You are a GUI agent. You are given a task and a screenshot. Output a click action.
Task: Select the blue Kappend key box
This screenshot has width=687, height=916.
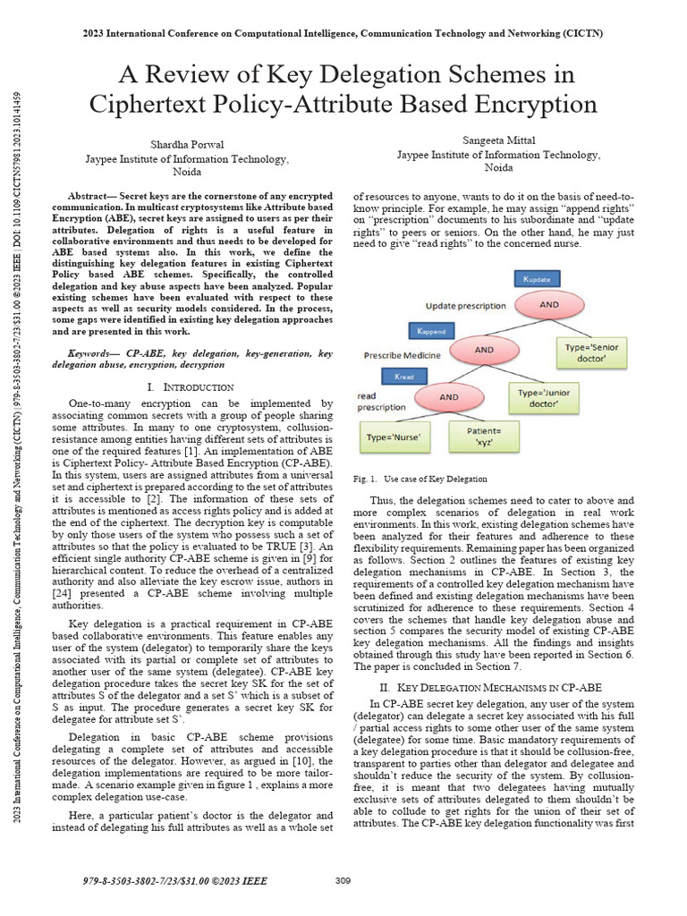(431, 331)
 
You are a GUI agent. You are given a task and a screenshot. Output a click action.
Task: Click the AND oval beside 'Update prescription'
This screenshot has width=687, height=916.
(550, 304)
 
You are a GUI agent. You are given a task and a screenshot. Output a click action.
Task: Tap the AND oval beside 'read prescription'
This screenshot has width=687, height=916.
(448, 396)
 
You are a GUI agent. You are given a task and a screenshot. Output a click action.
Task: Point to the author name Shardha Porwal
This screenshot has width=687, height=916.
(186, 143)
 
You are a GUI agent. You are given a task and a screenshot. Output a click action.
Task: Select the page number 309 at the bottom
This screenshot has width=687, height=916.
(343, 881)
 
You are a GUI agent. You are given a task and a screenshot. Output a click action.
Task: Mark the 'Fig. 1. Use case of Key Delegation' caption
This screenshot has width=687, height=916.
(420, 479)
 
